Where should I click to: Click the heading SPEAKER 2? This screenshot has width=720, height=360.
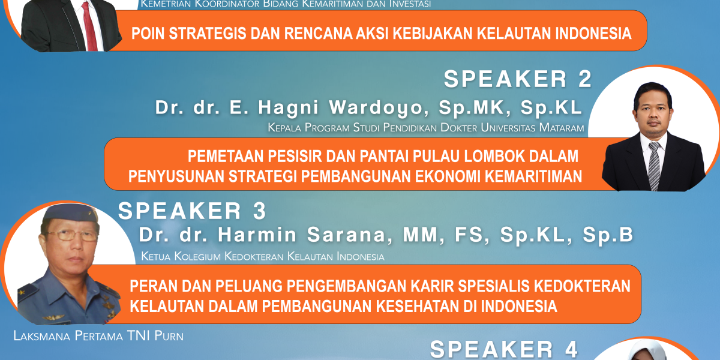click(x=517, y=79)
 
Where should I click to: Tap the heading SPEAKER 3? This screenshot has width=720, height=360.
click(x=192, y=211)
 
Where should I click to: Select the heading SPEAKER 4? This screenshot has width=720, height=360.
click(x=503, y=349)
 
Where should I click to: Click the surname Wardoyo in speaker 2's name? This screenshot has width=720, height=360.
click(x=379, y=107)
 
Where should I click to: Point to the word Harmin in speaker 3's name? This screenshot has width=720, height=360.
click(x=257, y=235)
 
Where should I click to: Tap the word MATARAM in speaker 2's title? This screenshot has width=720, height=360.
click(x=562, y=128)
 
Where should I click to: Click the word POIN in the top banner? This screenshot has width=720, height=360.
click(x=148, y=34)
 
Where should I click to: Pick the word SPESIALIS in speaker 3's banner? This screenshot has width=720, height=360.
click(x=494, y=286)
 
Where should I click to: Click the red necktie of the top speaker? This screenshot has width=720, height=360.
click(x=89, y=26)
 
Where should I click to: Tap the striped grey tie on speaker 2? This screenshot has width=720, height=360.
click(x=654, y=166)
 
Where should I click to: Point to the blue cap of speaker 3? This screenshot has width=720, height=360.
click(x=70, y=213)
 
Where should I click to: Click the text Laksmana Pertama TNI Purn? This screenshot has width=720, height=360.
click(x=98, y=336)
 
